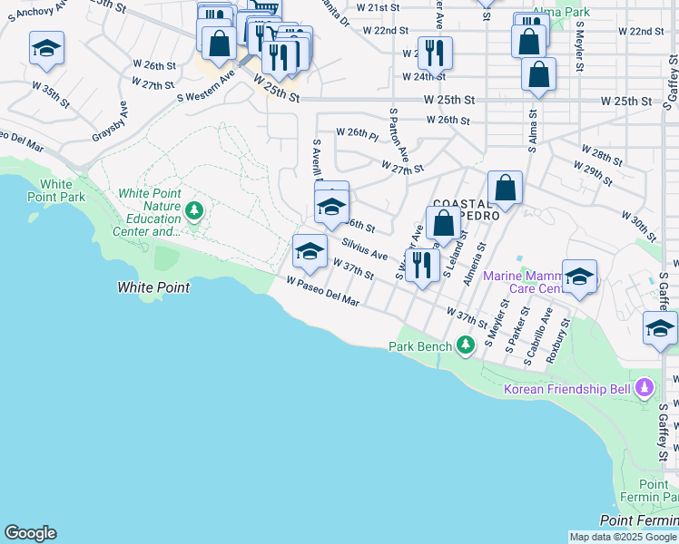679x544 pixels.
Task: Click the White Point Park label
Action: [63, 190]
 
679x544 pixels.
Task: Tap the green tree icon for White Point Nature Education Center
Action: [193, 210]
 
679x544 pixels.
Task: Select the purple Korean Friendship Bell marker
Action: [645, 388]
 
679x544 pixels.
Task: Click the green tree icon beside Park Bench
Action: [466, 345]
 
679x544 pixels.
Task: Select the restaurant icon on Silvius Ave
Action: [421, 266]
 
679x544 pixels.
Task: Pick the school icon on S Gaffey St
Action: [660, 329]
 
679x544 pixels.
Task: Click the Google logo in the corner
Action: [30, 533]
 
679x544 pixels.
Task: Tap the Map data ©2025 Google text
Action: [623, 537]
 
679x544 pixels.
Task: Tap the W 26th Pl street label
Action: [357, 133]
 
